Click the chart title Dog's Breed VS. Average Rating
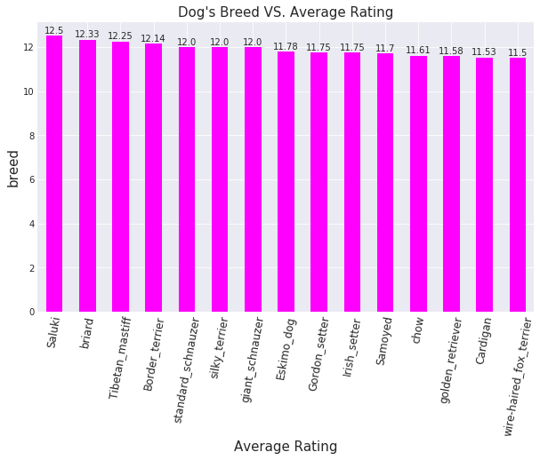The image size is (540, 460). coord(285,12)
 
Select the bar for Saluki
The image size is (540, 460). coord(54,174)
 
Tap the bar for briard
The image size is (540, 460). coord(87,176)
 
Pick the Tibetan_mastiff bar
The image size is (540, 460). coord(120,177)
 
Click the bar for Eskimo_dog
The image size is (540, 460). coord(286,181)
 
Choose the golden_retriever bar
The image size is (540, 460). coord(451,184)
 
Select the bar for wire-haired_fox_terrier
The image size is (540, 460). coord(518,185)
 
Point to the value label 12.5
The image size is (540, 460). coord(54,31)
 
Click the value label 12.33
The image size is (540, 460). coord(87,35)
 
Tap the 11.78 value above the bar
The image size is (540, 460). coord(286,47)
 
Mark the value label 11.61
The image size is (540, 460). coord(418,51)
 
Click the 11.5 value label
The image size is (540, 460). coord(518,53)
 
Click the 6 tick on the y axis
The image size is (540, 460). coord(32,179)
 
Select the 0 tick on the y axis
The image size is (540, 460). coord(32,312)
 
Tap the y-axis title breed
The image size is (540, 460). coord(13,168)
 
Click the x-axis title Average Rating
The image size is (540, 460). coord(285,447)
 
